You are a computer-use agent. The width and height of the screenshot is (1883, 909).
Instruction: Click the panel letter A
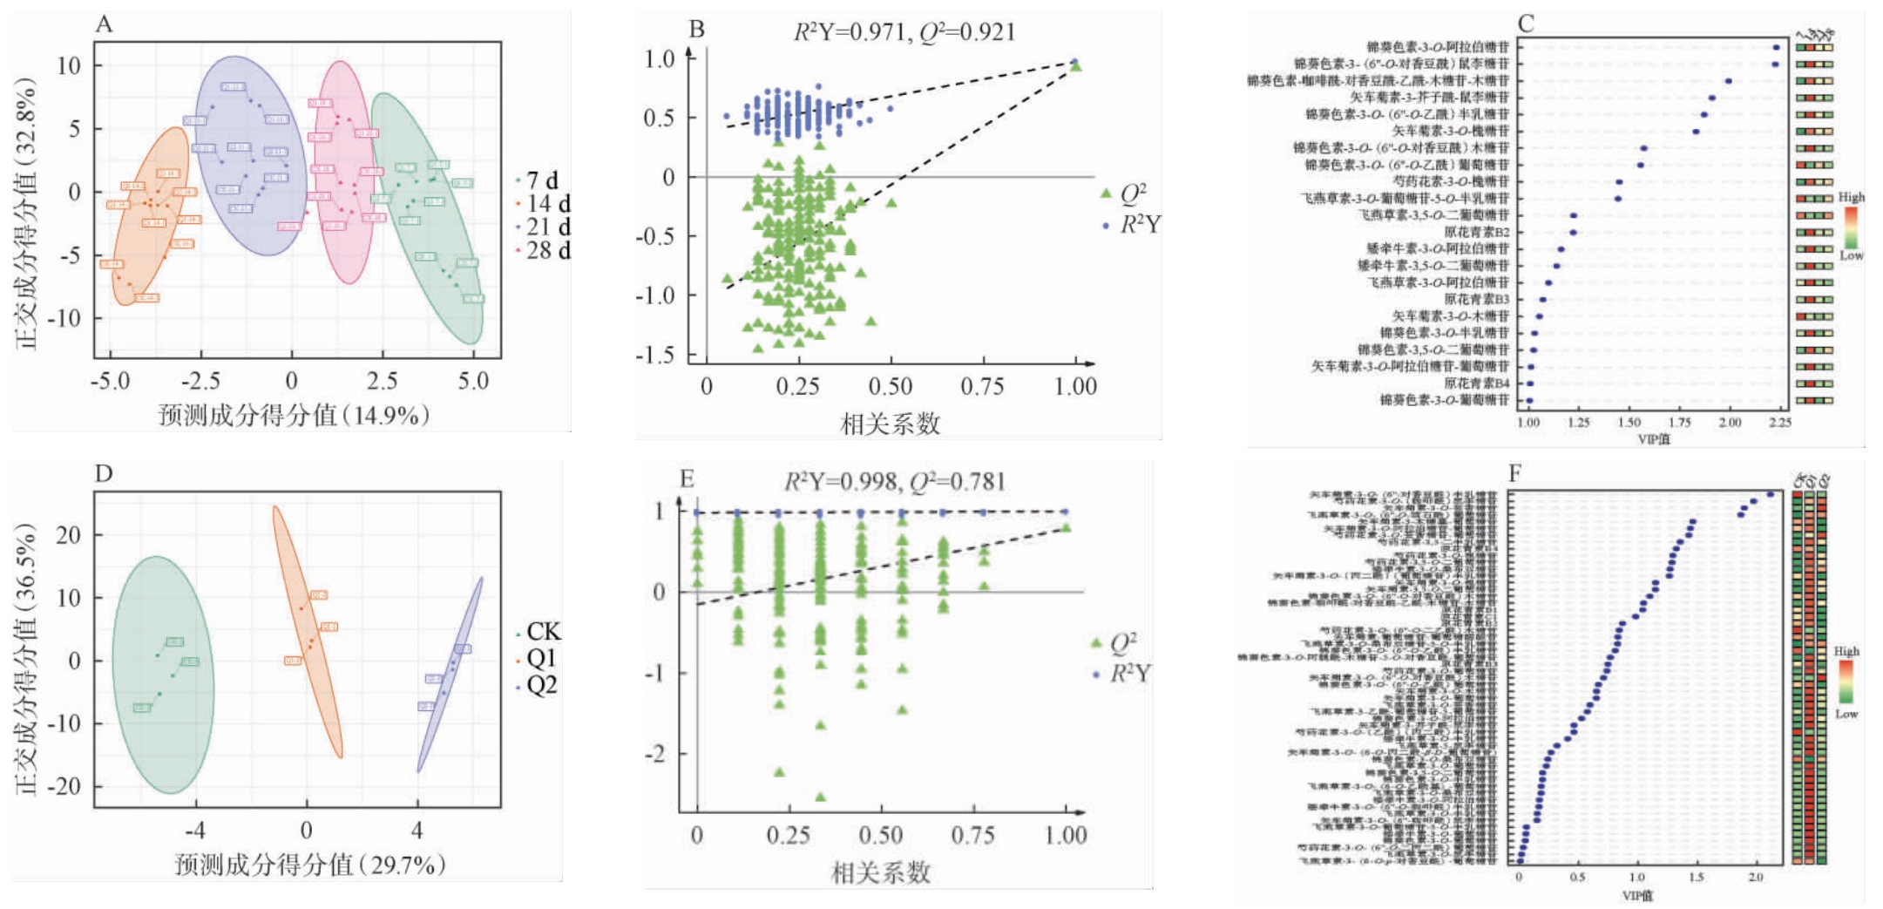(104, 24)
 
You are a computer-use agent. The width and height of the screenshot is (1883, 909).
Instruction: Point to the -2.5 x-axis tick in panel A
(200, 382)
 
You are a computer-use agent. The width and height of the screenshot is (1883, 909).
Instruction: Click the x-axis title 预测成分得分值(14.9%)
(294, 415)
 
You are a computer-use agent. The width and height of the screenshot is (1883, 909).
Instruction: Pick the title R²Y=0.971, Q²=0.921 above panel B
(904, 32)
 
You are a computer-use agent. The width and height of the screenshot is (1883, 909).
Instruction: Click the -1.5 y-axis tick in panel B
(654, 355)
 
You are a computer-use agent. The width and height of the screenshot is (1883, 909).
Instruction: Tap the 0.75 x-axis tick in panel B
(982, 386)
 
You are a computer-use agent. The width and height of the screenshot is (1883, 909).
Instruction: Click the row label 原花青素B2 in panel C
(1476, 232)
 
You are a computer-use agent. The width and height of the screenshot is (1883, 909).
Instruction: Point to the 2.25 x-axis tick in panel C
(1780, 423)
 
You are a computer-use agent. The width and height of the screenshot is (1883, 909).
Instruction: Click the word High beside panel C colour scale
(1851, 198)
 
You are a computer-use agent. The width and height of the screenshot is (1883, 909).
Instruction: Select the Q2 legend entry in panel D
(540, 685)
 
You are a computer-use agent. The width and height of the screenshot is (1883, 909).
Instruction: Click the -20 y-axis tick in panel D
(63, 786)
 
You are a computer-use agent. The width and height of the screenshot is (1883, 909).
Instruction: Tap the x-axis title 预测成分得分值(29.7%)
(310, 865)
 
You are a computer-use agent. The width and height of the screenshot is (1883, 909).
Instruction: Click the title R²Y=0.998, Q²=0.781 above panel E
(894, 482)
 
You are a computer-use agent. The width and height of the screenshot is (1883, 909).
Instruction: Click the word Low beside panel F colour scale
(1846, 714)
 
